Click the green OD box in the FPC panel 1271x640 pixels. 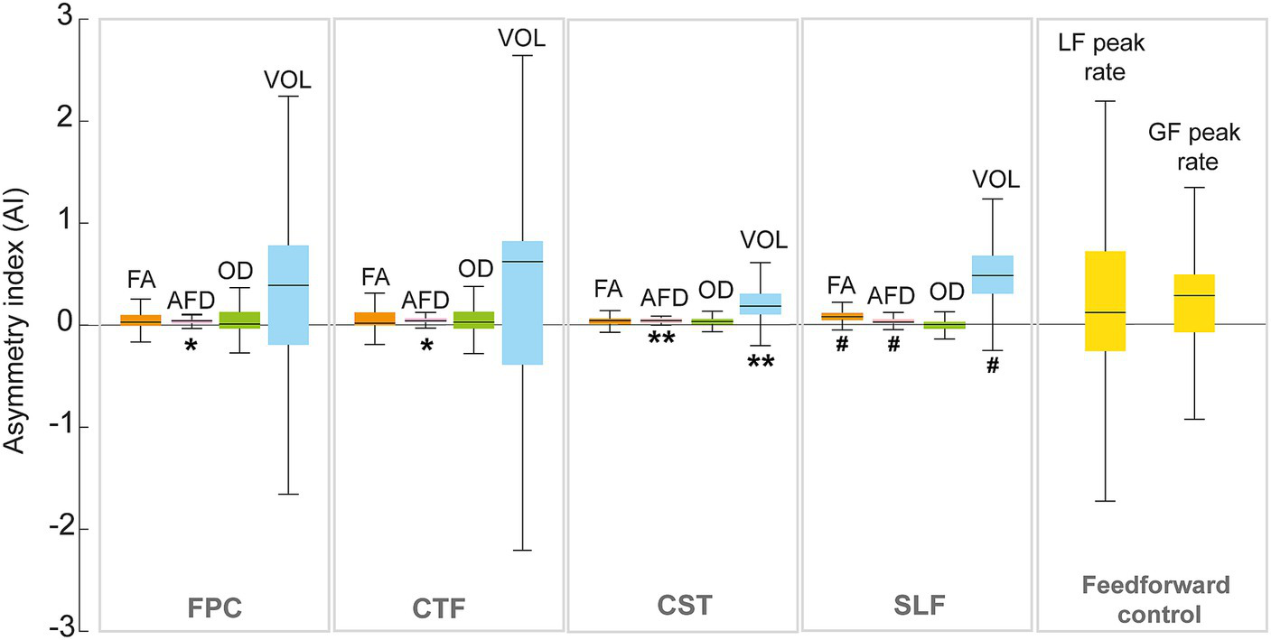pyautogui.click(x=239, y=320)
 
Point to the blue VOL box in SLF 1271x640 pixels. pyautogui.click(x=992, y=274)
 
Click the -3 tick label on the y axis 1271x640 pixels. pyautogui.click(x=71, y=631)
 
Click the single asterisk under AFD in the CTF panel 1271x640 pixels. pyautogui.click(x=425, y=346)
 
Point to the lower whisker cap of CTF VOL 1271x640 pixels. pyautogui.click(x=522, y=550)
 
